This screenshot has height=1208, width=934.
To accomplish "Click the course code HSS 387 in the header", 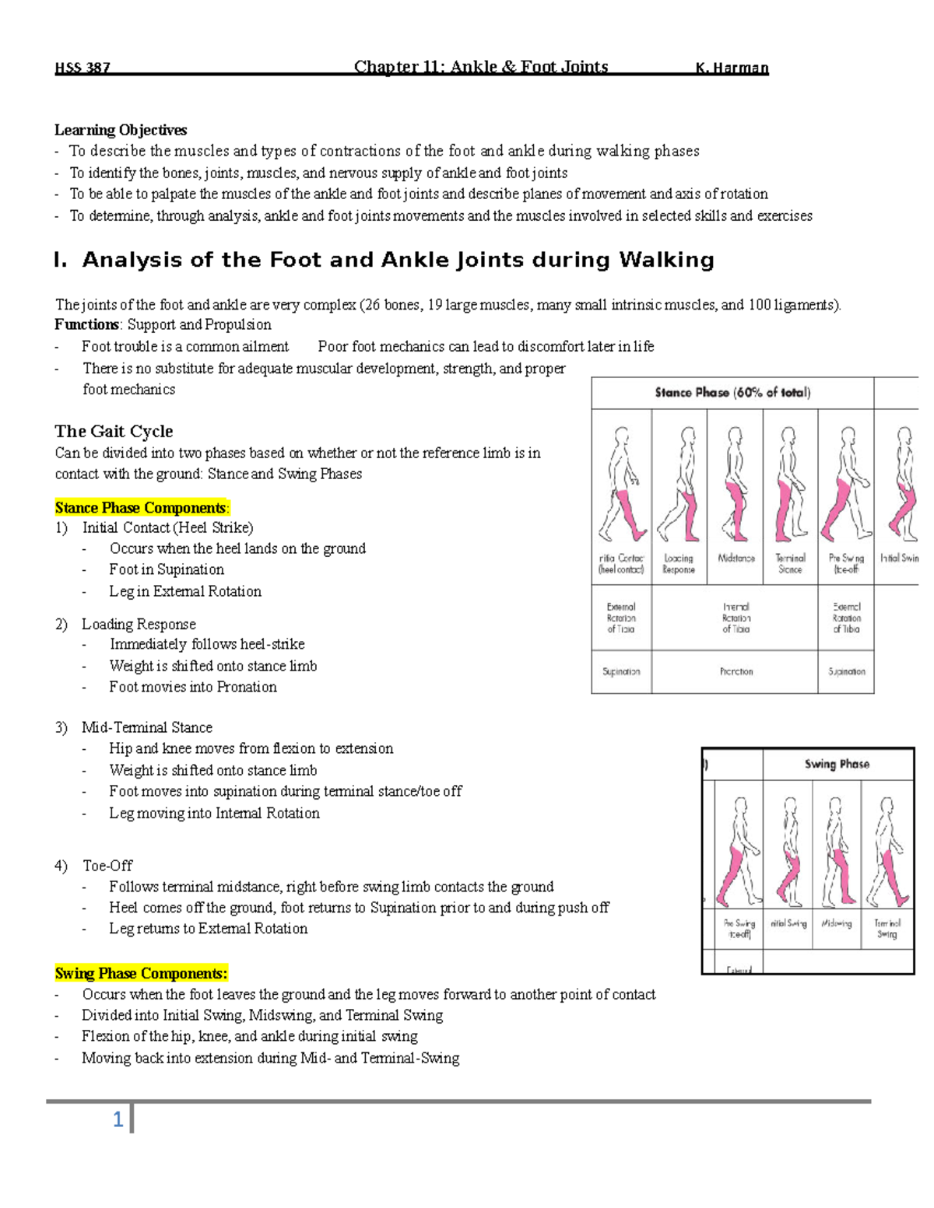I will pyautogui.click(x=82, y=68).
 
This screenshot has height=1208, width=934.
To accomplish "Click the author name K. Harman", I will pyautogui.click(x=732, y=68).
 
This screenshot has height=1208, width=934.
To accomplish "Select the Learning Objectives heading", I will pyautogui.click(x=121, y=130).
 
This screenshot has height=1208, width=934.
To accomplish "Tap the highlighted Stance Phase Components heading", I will pyautogui.click(x=142, y=508).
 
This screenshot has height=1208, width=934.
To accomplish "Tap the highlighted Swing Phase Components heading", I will pyautogui.click(x=141, y=973).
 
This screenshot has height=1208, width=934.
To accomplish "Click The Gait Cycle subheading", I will pyautogui.click(x=114, y=431).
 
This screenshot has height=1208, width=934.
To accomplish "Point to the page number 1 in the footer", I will pyautogui.click(x=118, y=1119).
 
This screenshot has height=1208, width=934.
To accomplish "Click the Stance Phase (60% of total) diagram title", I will pyautogui.click(x=732, y=393).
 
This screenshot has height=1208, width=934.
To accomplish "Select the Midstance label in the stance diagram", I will pyautogui.click(x=736, y=558).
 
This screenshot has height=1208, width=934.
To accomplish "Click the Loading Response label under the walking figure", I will pyautogui.click(x=679, y=564).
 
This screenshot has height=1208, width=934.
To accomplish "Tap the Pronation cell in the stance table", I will pyautogui.click(x=736, y=671).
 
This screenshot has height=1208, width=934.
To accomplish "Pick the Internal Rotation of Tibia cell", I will pyautogui.click(x=736, y=618).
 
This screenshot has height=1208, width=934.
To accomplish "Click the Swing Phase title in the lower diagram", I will pyautogui.click(x=837, y=764).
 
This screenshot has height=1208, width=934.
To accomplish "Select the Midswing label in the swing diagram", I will pyautogui.click(x=837, y=924).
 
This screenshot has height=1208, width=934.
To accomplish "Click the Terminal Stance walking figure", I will pyautogui.click(x=790, y=486).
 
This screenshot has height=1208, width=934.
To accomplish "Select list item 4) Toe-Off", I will pyautogui.click(x=107, y=866).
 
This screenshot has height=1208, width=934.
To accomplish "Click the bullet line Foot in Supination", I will pyautogui.click(x=166, y=569).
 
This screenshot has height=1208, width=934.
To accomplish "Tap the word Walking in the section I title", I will pyautogui.click(x=666, y=260).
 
